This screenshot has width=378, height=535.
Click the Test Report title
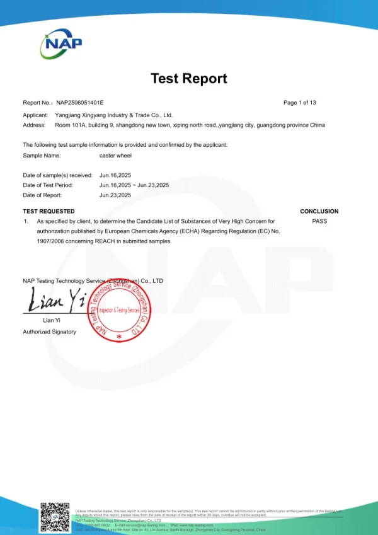189,79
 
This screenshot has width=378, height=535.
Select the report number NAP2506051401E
80,102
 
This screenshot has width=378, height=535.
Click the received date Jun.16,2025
115,175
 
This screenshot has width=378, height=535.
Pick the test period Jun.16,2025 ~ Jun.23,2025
134,185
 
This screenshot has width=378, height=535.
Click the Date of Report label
42,195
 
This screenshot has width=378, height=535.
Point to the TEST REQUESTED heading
49,211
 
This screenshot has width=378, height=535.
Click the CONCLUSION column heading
319,211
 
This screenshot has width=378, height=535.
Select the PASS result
319,221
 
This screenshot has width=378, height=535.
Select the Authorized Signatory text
49,331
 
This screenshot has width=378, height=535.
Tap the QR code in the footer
55,517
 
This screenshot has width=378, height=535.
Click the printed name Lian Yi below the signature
51,321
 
